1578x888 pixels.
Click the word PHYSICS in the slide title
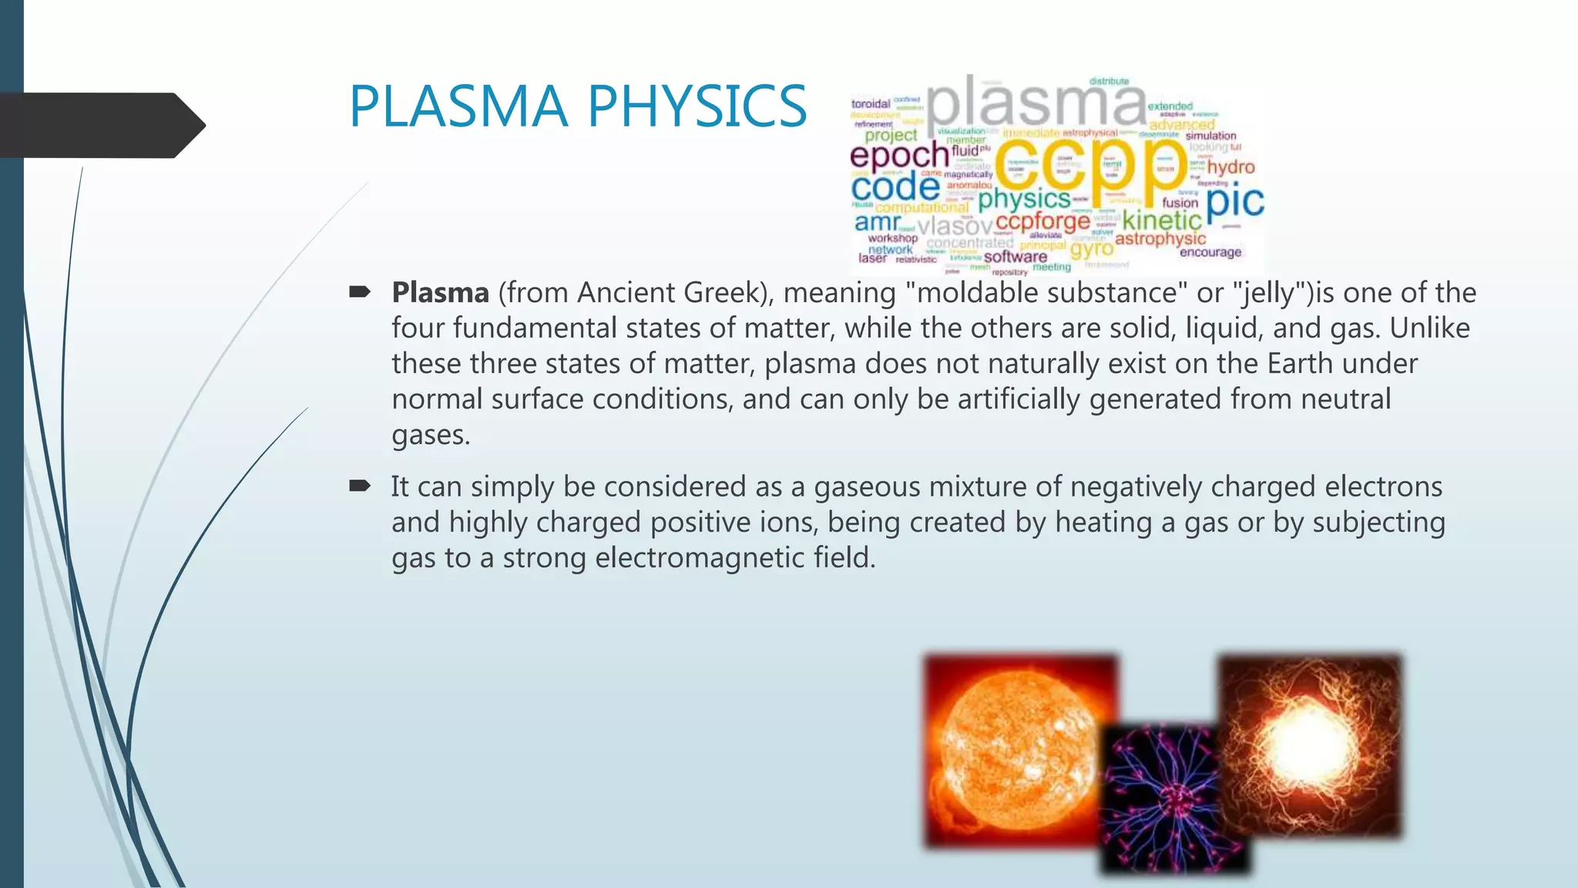pos(697,106)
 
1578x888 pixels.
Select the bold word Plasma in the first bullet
pos(440,293)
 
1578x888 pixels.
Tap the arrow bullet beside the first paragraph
pos(360,291)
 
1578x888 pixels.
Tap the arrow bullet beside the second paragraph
pos(360,486)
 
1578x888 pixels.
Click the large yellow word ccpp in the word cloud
pos(1090,165)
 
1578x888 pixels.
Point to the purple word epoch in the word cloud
pos(898,156)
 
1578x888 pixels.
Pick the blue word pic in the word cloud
pos(1234,201)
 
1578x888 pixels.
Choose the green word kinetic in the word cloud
pos(1161,220)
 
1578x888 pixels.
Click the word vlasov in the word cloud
pos(955,226)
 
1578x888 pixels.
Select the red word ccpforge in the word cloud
pos(1042,222)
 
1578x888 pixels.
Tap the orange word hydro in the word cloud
pos(1231,167)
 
